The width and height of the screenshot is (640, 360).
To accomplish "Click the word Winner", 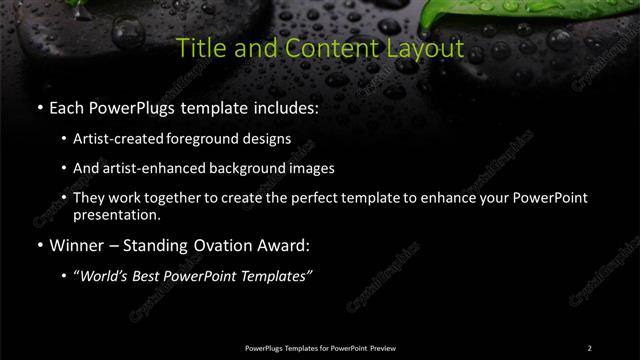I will [x=79, y=244].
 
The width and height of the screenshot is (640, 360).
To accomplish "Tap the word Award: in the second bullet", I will [x=289, y=244].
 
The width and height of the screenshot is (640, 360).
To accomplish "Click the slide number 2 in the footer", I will [x=589, y=347].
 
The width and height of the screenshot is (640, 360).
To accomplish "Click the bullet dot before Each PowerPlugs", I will [x=39, y=107].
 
